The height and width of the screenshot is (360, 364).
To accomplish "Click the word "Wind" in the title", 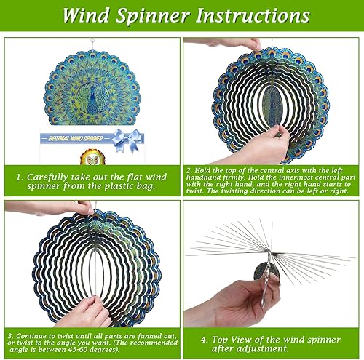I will (x=87, y=15).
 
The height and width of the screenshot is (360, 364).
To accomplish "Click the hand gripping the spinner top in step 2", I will (x=248, y=44).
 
